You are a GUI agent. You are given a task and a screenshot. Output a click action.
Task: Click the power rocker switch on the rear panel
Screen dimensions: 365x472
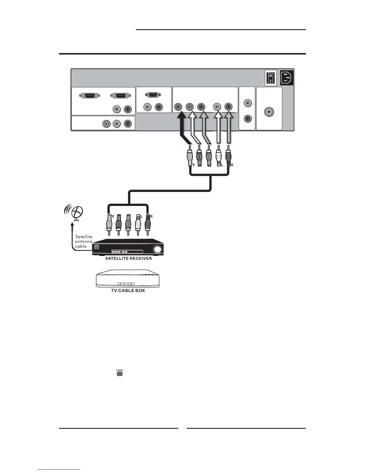270,78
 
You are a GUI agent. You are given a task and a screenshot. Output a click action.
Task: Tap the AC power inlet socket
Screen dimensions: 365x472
287,78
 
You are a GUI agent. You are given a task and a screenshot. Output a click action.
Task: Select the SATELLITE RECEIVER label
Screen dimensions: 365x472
129,258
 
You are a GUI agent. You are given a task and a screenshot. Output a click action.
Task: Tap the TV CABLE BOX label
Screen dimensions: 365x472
128,291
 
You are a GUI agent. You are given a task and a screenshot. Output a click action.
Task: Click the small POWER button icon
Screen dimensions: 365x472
119,373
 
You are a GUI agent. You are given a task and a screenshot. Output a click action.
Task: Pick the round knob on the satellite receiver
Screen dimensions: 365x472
158,249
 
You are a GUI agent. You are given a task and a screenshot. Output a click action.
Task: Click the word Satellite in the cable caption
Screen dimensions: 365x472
84,237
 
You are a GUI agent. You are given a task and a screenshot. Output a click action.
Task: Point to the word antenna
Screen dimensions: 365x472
84,241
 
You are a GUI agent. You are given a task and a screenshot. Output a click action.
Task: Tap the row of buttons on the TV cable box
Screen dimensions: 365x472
126,284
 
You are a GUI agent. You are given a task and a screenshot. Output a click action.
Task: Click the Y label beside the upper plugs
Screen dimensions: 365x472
194,164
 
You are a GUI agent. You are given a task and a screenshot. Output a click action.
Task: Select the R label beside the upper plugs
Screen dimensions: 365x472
232,164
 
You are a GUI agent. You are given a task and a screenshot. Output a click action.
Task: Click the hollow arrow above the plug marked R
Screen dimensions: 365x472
228,128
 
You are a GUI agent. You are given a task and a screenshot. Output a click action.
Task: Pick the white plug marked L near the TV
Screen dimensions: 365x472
219,156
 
